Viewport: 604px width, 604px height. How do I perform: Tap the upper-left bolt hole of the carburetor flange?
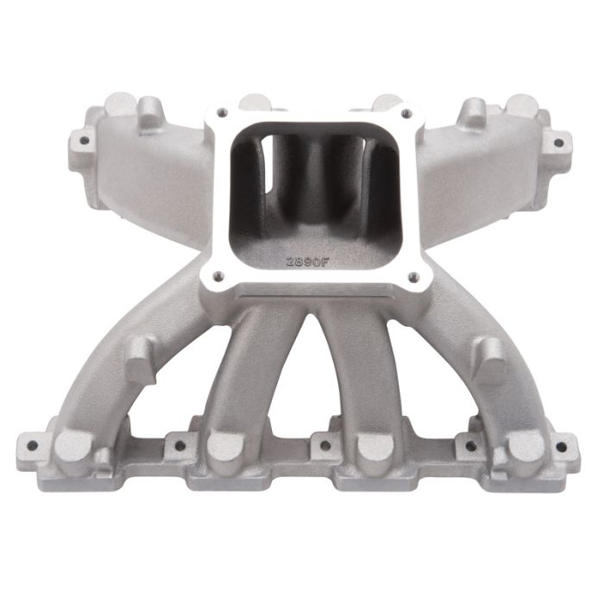(x=222, y=111)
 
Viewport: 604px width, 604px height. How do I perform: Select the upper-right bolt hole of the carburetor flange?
(x=407, y=112)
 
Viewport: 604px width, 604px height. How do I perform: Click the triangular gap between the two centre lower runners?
(x=298, y=388)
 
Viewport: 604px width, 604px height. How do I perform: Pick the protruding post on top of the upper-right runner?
(x=473, y=110)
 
